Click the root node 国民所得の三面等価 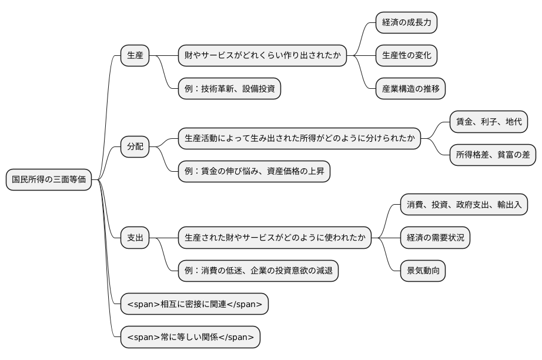(x=49, y=179)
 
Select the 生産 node (x=135, y=56)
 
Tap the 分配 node (x=135, y=146)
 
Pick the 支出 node (x=135, y=238)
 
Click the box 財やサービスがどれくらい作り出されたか (x=262, y=56)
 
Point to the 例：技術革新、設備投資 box (x=229, y=89)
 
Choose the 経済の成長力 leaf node (x=406, y=23)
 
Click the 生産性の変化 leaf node (x=406, y=56)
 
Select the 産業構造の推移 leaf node (x=410, y=89)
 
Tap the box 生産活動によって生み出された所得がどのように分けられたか (x=299, y=139)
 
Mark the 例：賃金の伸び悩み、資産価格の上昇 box (x=253, y=172)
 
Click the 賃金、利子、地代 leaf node (x=488, y=122)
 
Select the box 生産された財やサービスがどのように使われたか (x=275, y=238)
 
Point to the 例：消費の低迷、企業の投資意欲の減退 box (x=258, y=271)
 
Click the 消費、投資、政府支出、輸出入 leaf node (x=464, y=205)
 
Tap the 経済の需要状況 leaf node (x=434, y=238)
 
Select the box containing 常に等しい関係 (x=190, y=337)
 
